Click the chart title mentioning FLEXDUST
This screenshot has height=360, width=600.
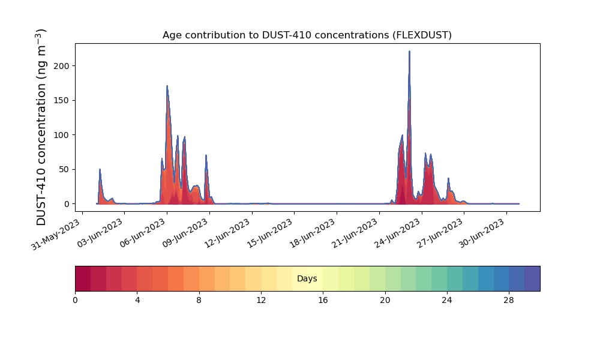(x=307, y=35)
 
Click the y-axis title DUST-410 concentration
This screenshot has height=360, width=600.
(x=41, y=127)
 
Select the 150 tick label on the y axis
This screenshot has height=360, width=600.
(x=62, y=101)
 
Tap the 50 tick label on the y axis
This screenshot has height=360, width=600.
(x=64, y=169)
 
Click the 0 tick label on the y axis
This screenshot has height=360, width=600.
(x=67, y=204)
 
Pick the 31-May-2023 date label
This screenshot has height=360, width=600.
(x=56, y=234)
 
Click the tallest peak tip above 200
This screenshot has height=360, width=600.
(x=409, y=51)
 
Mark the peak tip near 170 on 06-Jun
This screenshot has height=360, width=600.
(x=167, y=86)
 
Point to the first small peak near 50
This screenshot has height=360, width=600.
(x=100, y=169)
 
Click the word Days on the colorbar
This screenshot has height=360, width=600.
(x=307, y=278)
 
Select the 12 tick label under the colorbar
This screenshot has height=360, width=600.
(x=261, y=301)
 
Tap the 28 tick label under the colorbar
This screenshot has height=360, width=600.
(x=509, y=301)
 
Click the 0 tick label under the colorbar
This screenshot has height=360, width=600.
(x=76, y=301)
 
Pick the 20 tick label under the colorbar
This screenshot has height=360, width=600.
(x=385, y=301)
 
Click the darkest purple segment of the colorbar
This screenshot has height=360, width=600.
(x=532, y=278)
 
